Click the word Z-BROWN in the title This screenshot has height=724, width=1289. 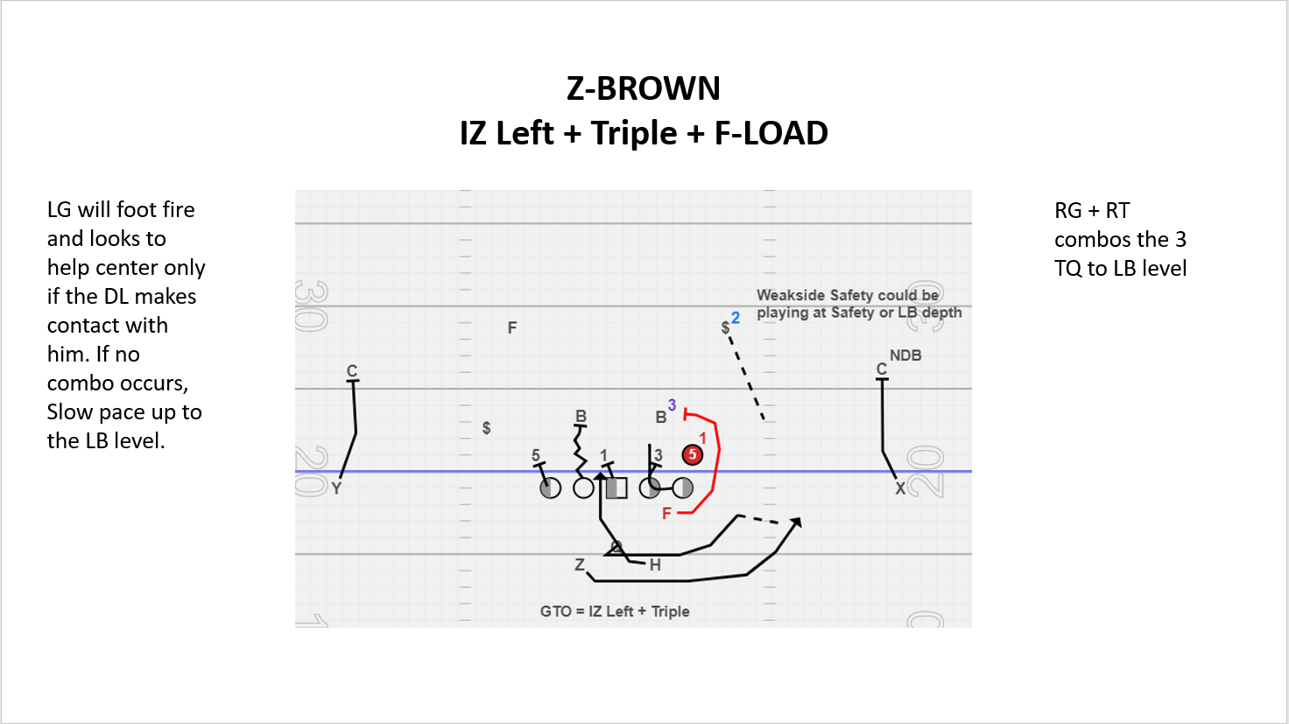(644, 88)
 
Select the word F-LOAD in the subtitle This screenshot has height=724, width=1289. (771, 133)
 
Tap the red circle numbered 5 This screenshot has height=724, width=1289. (693, 454)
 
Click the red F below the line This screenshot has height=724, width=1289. (666, 513)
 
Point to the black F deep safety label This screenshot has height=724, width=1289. (512, 327)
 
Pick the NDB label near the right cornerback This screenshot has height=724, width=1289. (905, 355)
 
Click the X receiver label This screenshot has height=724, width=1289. (900, 489)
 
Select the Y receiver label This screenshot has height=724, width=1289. (336, 489)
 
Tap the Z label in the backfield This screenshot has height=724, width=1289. (579, 565)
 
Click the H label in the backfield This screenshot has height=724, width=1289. (655, 565)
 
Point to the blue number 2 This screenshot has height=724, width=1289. (736, 318)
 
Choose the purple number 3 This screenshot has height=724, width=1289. (672, 405)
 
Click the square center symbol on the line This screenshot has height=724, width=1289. (616, 488)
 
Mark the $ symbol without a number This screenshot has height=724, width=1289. (486, 428)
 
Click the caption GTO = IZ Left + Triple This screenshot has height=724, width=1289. (615, 611)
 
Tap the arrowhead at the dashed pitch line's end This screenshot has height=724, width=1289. (796, 523)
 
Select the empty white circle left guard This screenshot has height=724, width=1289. (583, 488)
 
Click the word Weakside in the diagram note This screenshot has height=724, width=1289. (790, 295)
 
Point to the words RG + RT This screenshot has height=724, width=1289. (1092, 210)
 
